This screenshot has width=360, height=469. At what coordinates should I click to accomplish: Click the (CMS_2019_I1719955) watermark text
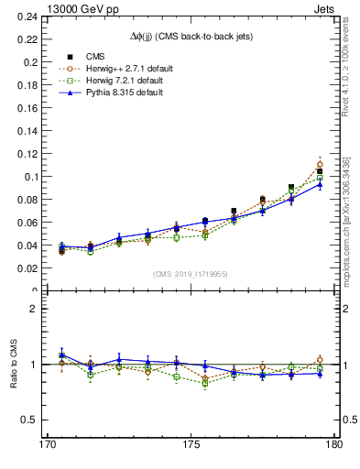click(x=190, y=273)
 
